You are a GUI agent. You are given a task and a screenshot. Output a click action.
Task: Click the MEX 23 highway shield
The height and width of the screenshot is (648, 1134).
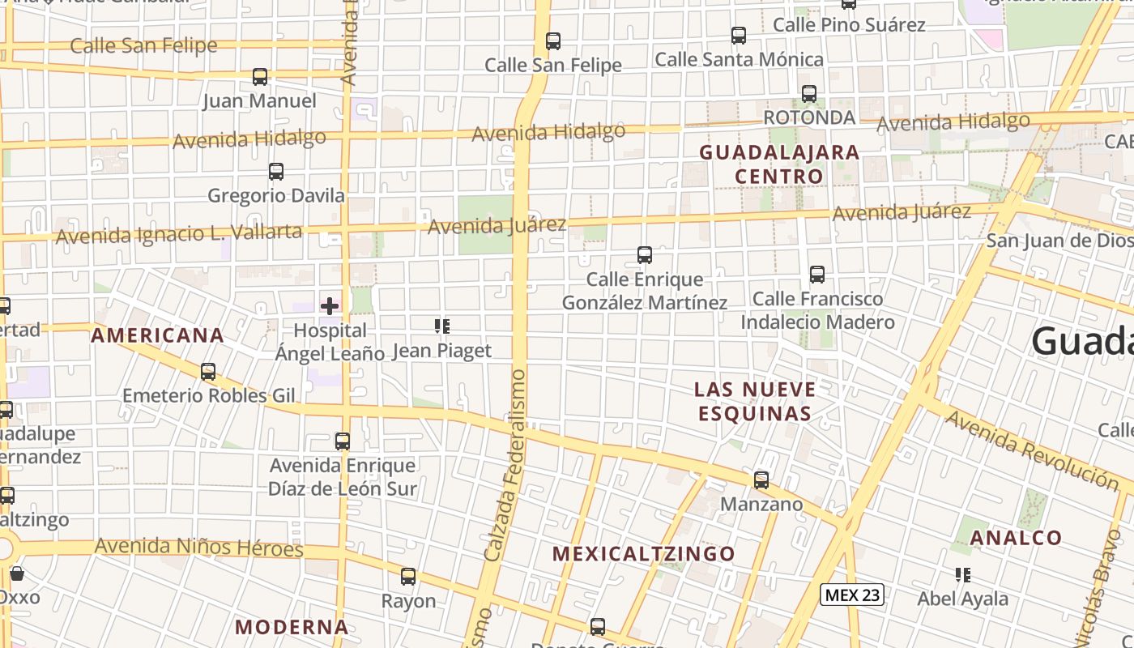tap(851, 595)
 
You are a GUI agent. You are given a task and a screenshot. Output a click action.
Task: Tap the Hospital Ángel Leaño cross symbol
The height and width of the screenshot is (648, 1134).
tap(330, 306)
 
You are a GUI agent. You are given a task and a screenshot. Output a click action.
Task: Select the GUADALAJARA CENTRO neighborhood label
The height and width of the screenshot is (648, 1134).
tap(778, 164)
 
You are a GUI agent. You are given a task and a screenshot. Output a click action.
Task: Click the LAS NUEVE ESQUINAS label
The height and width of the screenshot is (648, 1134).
tap(754, 401)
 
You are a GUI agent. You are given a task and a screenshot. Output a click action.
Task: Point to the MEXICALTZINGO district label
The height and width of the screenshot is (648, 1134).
tap(643, 554)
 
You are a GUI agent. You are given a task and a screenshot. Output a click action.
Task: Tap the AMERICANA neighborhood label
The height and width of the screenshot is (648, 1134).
tap(157, 335)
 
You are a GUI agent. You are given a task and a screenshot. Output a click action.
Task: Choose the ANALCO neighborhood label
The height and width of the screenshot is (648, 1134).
tap(1015, 538)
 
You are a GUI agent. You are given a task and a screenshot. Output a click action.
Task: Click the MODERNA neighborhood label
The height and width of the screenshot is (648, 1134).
tap(292, 627)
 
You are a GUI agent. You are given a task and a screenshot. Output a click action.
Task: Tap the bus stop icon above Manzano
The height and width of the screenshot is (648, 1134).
tap(761, 480)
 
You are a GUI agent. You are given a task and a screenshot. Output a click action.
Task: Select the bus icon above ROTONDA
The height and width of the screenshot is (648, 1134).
tap(809, 94)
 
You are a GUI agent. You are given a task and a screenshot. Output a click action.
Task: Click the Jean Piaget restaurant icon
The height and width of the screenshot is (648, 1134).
tap(442, 326)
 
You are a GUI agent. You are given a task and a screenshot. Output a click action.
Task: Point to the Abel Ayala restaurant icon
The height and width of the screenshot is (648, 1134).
tap(963, 575)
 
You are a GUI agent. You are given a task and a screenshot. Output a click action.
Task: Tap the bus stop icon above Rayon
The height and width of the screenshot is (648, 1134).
tap(408, 577)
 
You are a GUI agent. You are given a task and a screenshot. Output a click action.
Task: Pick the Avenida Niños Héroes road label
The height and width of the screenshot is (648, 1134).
tap(198, 547)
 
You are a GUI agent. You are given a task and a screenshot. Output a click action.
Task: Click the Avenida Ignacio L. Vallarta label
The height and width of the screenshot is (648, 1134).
tap(179, 234)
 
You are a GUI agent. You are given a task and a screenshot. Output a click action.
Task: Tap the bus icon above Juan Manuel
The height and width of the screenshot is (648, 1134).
tap(260, 77)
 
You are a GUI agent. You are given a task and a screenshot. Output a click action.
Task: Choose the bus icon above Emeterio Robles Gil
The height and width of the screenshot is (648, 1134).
tap(208, 372)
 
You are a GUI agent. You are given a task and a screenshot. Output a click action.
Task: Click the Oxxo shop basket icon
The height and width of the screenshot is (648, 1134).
tap(17, 574)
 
